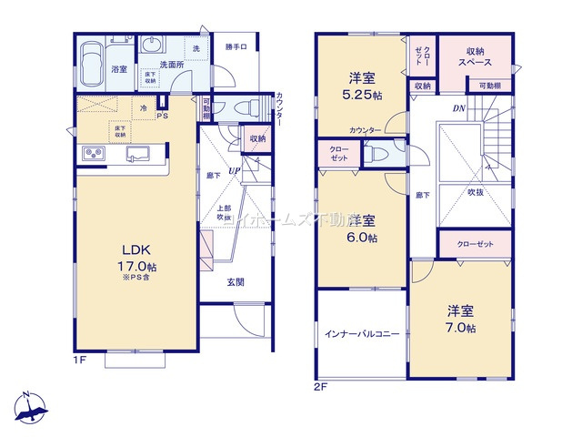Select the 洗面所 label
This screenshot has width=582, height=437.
pyautogui.click(x=173, y=66)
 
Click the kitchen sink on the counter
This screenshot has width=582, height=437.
pyautogui.click(x=139, y=154)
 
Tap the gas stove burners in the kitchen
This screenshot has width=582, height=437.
pyautogui.click(x=95, y=153)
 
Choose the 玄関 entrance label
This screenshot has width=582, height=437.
pyautogui.click(x=235, y=282)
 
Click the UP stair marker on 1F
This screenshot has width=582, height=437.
pyautogui.click(x=234, y=170)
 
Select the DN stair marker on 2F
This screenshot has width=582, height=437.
pyautogui.click(x=459, y=108)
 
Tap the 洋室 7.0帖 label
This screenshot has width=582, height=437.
pyautogui.click(x=460, y=318)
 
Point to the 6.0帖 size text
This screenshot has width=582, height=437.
pyautogui.click(x=362, y=238)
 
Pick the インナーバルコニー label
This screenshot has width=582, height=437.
pyautogui.click(x=362, y=335)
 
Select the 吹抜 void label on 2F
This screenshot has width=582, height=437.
pyautogui.click(x=476, y=193)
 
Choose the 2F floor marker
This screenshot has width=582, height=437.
pyautogui.click(x=320, y=386)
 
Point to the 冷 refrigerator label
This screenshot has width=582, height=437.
pyautogui.click(x=144, y=107)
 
